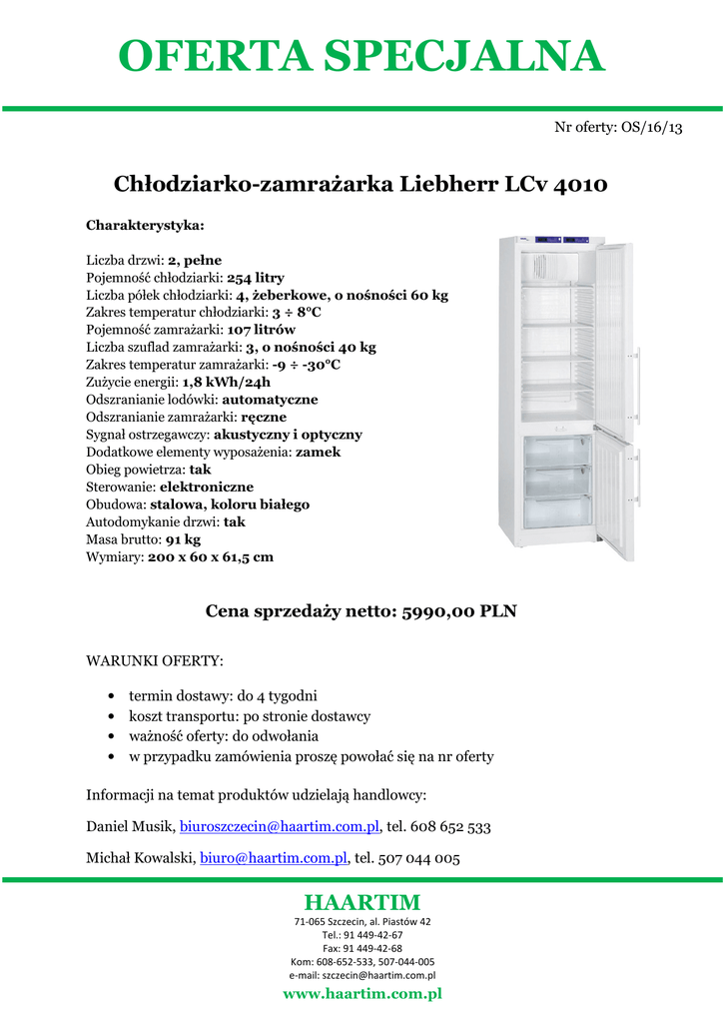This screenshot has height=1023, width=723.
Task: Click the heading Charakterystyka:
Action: (x=145, y=225)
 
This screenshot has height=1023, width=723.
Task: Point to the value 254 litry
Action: (x=256, y=277)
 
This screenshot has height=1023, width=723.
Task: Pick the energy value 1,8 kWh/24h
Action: (x=227, y=382)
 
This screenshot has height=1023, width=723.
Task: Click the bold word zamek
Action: (x=319, y=452)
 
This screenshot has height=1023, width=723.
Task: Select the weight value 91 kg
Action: (x=183, y=539)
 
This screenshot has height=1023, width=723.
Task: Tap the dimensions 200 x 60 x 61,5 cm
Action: (x=211, y=556)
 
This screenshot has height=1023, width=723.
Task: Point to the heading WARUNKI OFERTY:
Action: (x=155, y=661)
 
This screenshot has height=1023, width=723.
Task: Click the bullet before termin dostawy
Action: (x=108, y=695)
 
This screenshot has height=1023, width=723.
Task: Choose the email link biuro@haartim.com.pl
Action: (x=274, y=858)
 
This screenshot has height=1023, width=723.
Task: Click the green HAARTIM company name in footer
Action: (x=361, y=902)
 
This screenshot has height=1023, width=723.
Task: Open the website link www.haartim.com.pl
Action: (x=361, y=994)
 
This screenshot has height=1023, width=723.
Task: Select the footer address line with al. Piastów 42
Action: (x=361, y=921)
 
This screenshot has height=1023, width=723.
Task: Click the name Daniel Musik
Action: (x=131, y=827)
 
